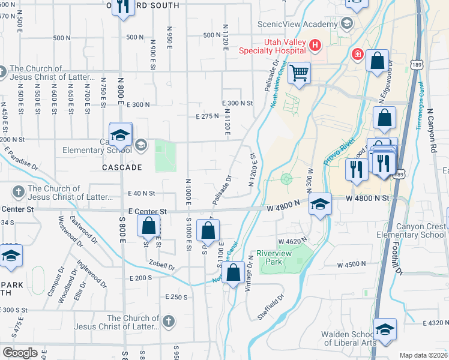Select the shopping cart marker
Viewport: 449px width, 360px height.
[298, 74]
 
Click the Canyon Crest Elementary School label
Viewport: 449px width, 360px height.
[412, 230]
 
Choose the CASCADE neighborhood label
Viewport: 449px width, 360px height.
[121, 167]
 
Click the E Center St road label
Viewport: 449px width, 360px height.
[147, 212]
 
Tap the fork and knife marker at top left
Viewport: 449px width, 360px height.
[123, 7]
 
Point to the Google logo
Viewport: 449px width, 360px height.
[20, 352]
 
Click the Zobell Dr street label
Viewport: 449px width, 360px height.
[163, 268]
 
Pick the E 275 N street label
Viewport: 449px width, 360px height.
[207, 116]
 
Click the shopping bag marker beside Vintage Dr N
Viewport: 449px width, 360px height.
[233, 274]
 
